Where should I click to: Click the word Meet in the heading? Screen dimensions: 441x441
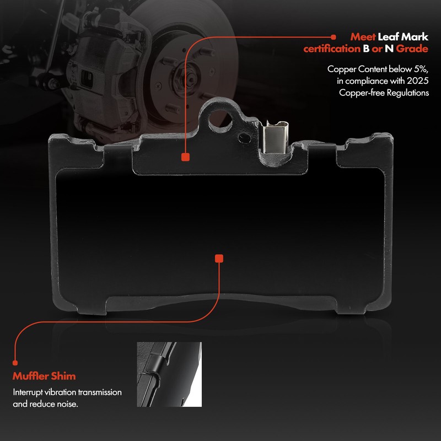point(363,37)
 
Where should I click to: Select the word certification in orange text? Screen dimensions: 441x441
point(332,49)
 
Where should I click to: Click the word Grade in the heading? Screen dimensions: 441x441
point(412,49)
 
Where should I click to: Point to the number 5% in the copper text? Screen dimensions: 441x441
point(421,69)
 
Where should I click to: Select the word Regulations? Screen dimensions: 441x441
point(407,93)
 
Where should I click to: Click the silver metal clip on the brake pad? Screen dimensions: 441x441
point(275,137)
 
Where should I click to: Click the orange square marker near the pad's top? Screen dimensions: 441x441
point(185,157)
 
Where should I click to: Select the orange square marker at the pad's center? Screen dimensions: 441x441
point(219,259)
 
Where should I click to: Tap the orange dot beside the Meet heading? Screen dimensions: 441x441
point(334,37)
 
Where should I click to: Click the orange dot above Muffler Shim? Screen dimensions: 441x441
point(15,363)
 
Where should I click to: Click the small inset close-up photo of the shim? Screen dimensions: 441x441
point(169,374)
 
